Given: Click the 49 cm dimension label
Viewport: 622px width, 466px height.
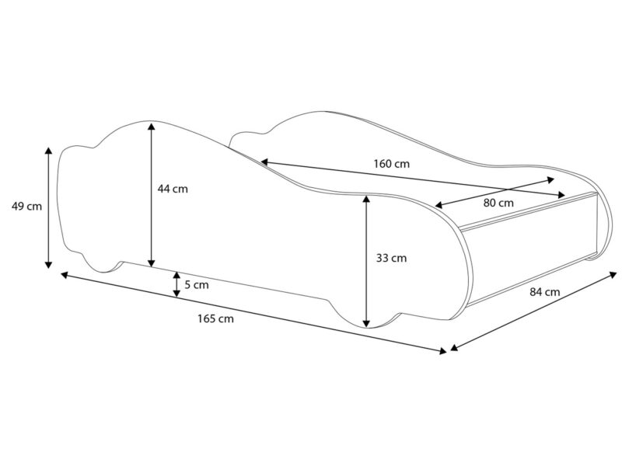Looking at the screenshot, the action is (26, 206).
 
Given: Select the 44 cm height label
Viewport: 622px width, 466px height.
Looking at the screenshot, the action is (173, 189).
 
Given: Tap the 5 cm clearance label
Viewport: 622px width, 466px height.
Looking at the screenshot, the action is (197, 284).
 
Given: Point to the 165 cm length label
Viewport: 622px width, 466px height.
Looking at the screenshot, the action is (216, 318).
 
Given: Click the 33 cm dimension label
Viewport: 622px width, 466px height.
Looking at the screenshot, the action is (392, 258).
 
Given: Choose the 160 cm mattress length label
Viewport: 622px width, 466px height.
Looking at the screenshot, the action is (392, 163).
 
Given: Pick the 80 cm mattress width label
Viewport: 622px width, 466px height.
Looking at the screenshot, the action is (498, 203).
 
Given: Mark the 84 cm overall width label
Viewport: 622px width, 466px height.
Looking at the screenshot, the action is (545, 292).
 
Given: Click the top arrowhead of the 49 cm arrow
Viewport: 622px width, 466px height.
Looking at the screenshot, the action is (48, 151).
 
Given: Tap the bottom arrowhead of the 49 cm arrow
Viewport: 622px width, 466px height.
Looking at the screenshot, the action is (48, 264).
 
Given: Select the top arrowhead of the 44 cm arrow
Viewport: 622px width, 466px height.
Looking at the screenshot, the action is (151, 127).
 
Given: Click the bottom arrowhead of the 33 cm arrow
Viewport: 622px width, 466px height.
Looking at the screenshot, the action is (367, 323).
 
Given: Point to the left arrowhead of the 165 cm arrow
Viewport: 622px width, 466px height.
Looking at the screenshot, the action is (65, 274).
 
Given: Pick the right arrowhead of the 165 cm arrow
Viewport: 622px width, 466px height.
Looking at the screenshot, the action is (442, 350).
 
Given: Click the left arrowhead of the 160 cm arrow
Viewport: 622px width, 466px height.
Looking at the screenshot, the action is (265, 162).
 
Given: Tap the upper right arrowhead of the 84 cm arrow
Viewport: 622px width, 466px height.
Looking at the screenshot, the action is (613, 274).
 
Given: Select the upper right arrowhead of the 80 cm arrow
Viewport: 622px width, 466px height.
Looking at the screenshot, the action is (550, 179).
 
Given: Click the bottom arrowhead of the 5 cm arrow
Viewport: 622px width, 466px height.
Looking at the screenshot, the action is (176, 294).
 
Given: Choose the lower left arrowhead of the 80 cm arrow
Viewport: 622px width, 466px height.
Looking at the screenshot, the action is (439, 205).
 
